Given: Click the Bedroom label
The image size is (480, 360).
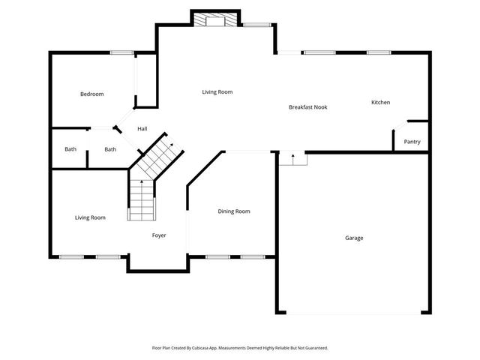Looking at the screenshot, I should pos(92,94).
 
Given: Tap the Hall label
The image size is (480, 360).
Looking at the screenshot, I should pos(142,129).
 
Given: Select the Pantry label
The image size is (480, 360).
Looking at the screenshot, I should pos(412,142).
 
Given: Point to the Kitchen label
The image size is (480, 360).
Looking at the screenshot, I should pos(380,102).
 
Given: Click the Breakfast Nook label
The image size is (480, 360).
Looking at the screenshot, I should pos(307,107).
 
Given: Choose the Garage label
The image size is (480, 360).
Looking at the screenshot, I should pos(354,238).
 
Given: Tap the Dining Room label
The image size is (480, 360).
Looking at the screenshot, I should pos(234,211).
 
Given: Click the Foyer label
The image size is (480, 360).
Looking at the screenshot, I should pos(159,235).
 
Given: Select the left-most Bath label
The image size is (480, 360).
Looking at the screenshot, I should pos(70,149).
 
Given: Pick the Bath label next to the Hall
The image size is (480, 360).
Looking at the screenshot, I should pos(110,149).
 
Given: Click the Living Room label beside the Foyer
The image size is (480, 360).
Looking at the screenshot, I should pos(90,217).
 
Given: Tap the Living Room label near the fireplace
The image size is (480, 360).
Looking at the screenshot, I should pos(217,92).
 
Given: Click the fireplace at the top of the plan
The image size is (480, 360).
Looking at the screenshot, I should pos(216,20).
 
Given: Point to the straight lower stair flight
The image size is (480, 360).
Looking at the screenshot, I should pos(142,201).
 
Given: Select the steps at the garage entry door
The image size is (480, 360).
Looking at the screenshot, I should pos(292,158).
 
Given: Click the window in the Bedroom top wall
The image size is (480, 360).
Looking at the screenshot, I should pos(121,52).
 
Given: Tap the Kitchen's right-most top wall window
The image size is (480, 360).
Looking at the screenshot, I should pos(379,52).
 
